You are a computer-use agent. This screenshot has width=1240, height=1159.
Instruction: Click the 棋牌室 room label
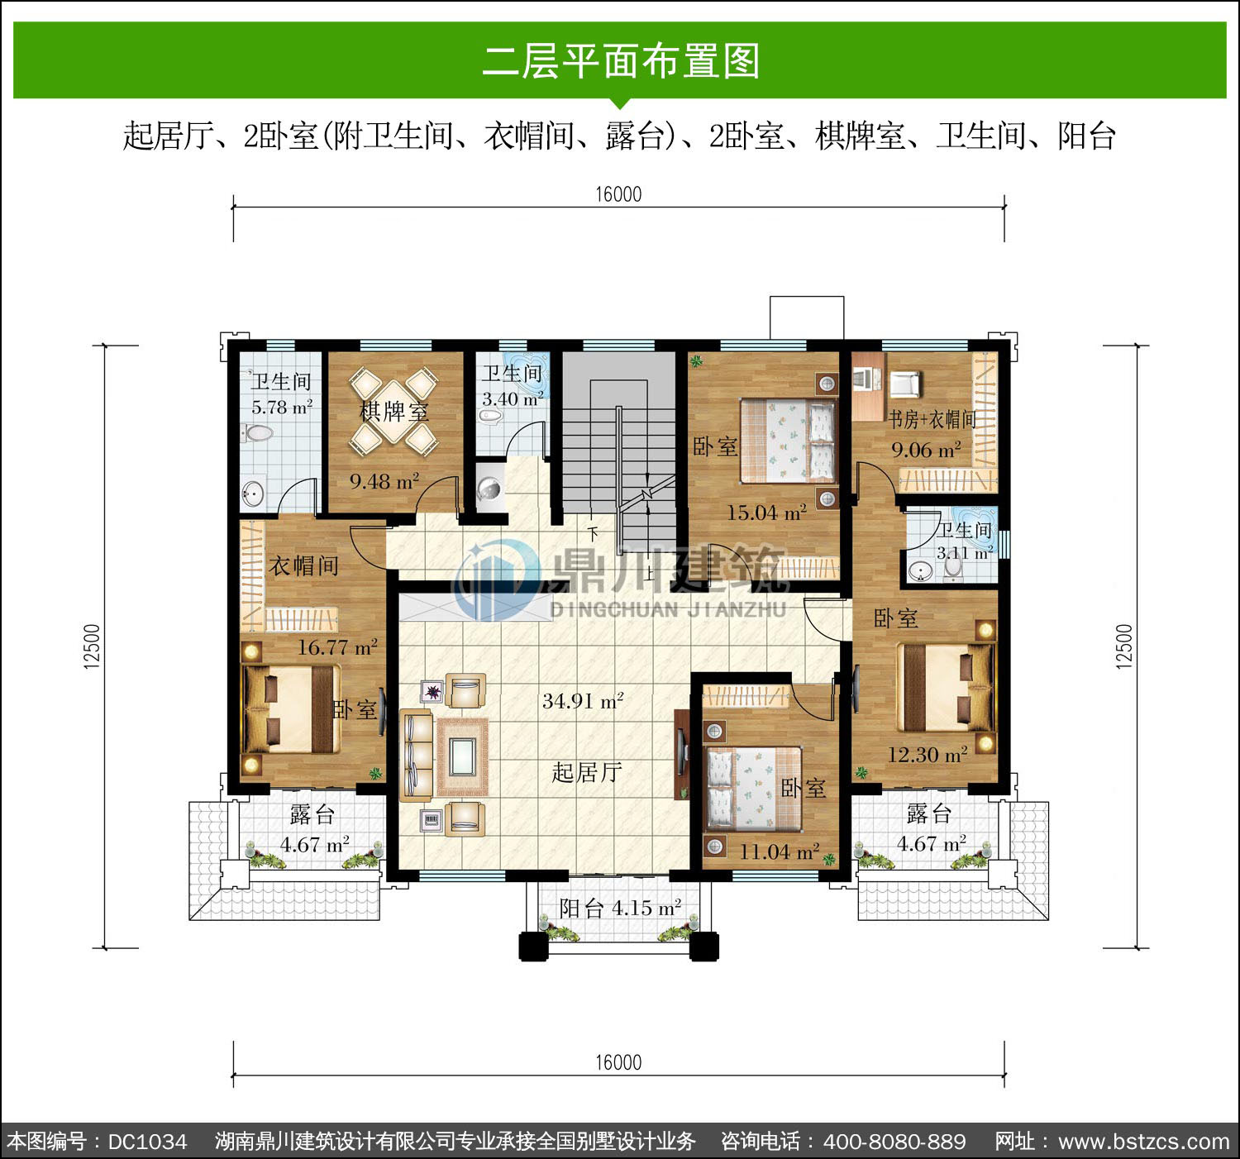[x=394, y=412]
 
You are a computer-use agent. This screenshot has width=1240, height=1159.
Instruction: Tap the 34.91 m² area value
[x=583, y=701]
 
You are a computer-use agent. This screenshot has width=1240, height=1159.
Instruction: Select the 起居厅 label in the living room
[x=586, y=772]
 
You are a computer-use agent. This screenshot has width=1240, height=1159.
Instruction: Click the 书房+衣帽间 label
[x=932, y=420]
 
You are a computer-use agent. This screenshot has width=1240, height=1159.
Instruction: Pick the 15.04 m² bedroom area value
[x=766, y=513]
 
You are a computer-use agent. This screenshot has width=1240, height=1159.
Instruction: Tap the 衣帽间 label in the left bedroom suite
[x=304, y=565]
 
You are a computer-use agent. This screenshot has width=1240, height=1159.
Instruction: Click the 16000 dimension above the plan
[x=618, y=194]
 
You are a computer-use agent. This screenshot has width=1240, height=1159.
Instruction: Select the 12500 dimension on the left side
[x=92, y=646]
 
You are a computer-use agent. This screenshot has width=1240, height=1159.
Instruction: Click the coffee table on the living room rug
[x=461, y=757]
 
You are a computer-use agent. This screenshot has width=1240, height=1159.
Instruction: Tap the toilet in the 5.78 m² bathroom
[x=257, y=432]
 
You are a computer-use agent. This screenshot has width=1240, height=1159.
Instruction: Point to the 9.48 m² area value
[x=384, y=481]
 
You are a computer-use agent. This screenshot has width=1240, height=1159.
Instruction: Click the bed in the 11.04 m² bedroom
[x=754, y=789]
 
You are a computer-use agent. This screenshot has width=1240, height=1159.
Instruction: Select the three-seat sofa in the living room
[x=417, y=756]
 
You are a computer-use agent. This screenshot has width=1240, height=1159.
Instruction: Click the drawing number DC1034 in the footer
[x=147, y=1142]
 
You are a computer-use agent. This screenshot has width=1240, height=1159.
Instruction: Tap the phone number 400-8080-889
[x=894, y=1142]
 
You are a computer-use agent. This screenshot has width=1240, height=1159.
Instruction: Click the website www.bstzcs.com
[x=1144, y=1142]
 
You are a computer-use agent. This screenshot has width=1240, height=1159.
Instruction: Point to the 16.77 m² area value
[x=337, y=647]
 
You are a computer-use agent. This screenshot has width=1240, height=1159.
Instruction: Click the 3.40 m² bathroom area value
[x=512, y=398]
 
